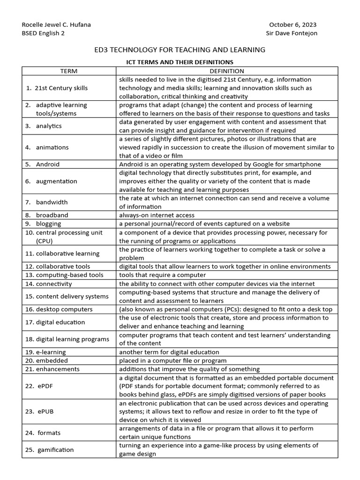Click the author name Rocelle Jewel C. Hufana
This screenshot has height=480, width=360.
(x=56, y=25)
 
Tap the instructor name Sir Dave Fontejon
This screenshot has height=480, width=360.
(x=292, y=34)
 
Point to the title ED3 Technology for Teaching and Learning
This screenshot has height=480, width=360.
(x=180, y=50)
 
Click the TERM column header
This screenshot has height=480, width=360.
(x=69, y=71)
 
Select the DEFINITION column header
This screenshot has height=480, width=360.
(x=227, y=71)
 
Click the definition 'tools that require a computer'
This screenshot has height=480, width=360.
(x=162, y=275)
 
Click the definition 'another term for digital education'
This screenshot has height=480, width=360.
(x=169, y=352)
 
